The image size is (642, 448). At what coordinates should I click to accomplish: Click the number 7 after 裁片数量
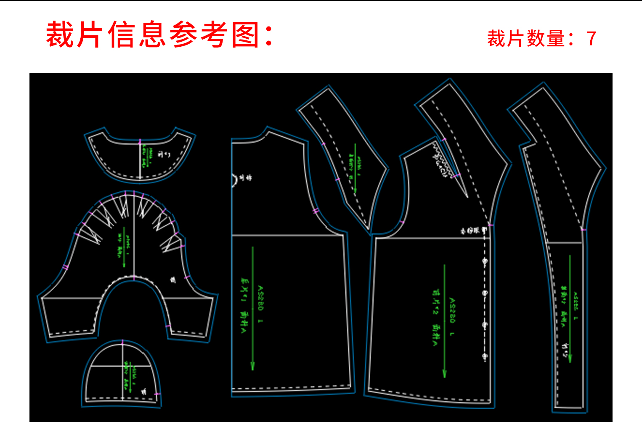click(591, 39)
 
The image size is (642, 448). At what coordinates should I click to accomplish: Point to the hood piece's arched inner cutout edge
click(133, 279)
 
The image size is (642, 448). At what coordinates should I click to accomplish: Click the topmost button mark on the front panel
click(484, 262)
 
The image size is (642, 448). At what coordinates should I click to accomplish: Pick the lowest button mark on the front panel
click(484, 357)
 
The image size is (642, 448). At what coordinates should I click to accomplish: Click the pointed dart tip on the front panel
click(467, 196)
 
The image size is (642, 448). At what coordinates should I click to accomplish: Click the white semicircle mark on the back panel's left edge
click(234, 180)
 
